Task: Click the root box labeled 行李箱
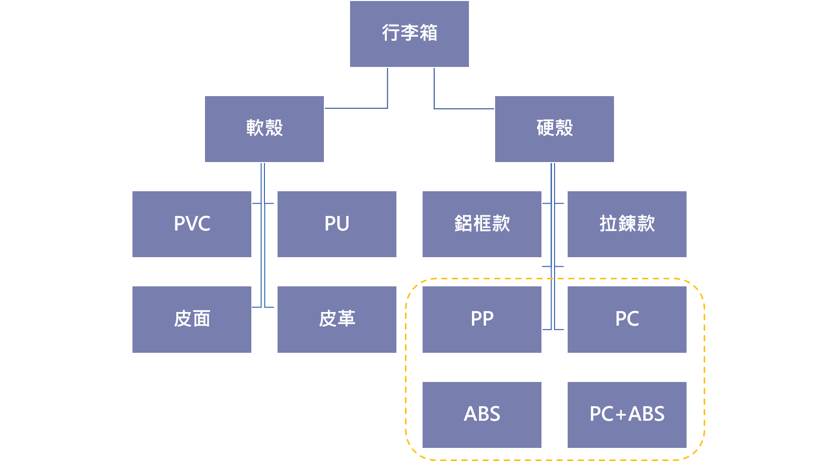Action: [409, 34]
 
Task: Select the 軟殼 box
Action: [264, 129]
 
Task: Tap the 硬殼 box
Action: [554, 129]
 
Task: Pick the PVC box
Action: [191, 224]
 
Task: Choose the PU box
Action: [336, 224]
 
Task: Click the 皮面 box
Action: [191, 319]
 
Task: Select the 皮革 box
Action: [336, 319]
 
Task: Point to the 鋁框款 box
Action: [482, 224]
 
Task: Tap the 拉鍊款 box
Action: [627, 224]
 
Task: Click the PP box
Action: [482, 319]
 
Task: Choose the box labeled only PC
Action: [627, 319]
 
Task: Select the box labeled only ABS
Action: [482, 414]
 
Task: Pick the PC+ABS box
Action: [627, 414]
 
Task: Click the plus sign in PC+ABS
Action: [621, 415]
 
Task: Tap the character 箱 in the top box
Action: [429, 33]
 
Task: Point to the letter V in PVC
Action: [192, 224]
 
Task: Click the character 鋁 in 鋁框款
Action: [463, 223]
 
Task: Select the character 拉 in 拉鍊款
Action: [608, 223]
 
